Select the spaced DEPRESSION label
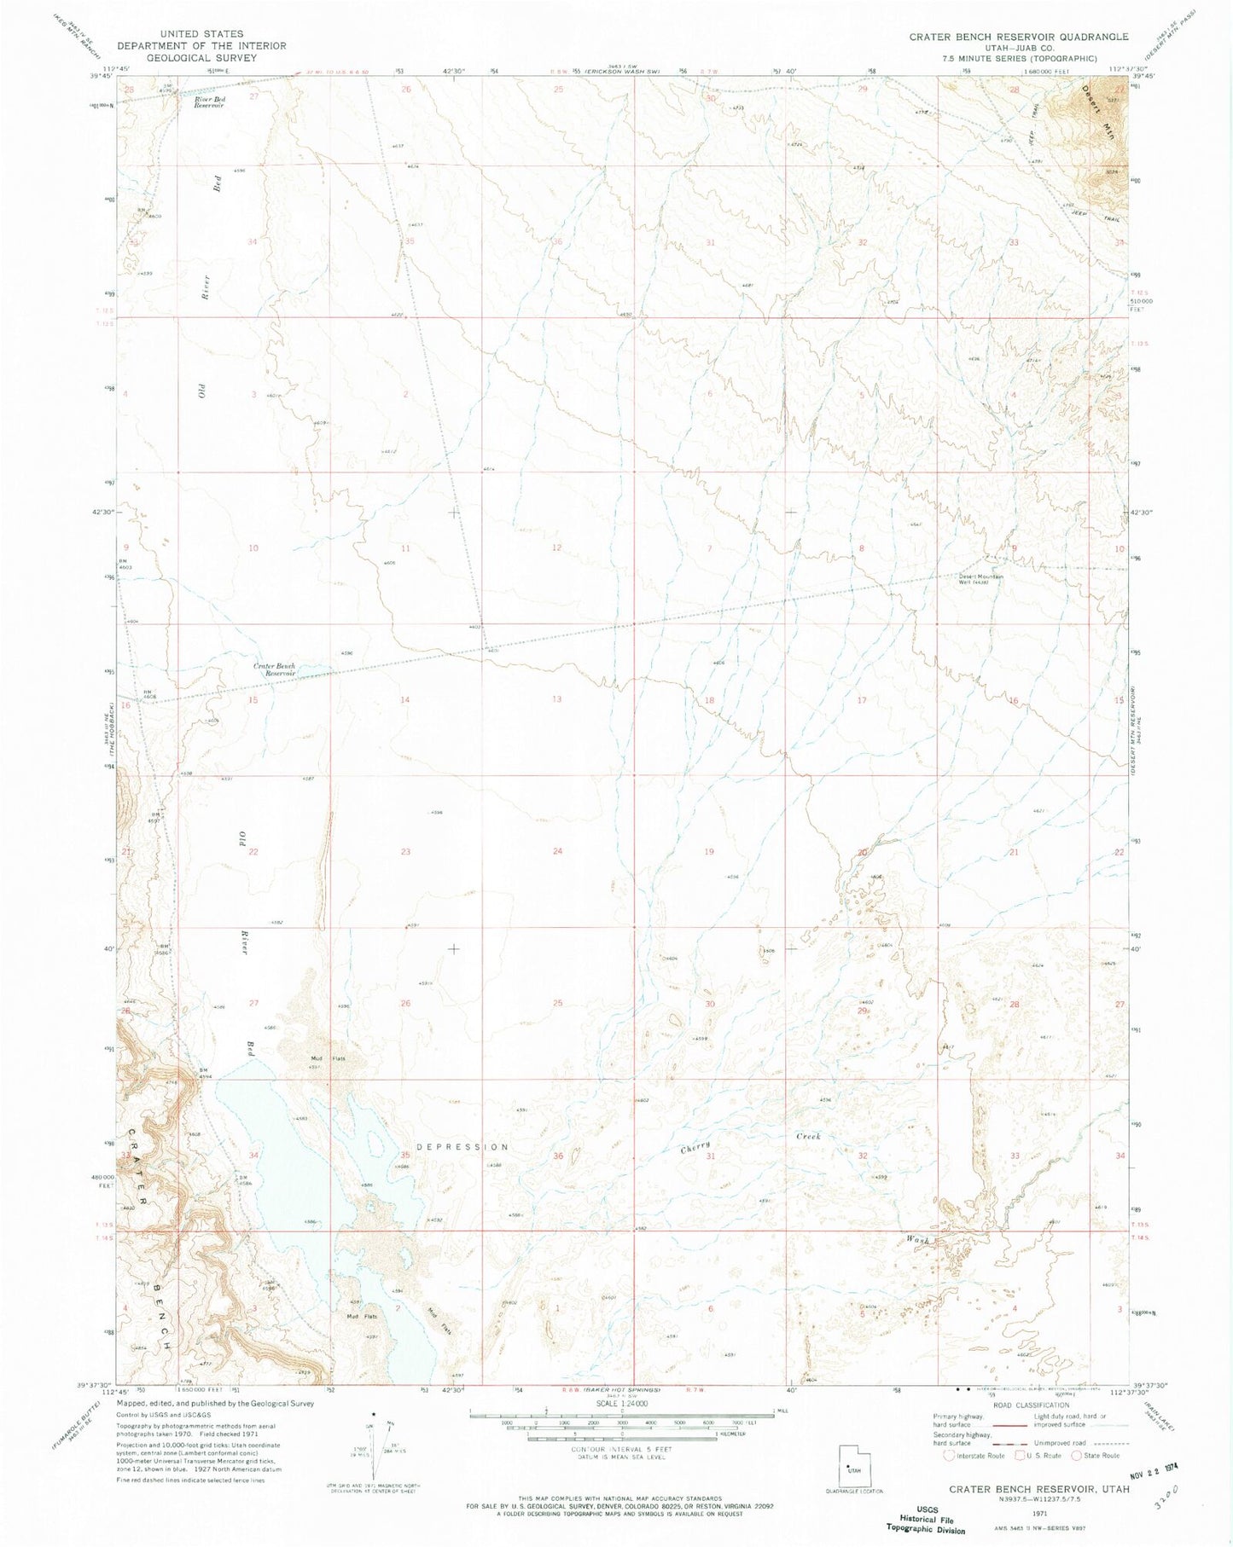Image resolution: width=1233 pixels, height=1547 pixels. [462, 1147]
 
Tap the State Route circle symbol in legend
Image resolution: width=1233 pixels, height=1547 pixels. [1077, 1456]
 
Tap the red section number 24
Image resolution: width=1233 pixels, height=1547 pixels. [557, 851]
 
